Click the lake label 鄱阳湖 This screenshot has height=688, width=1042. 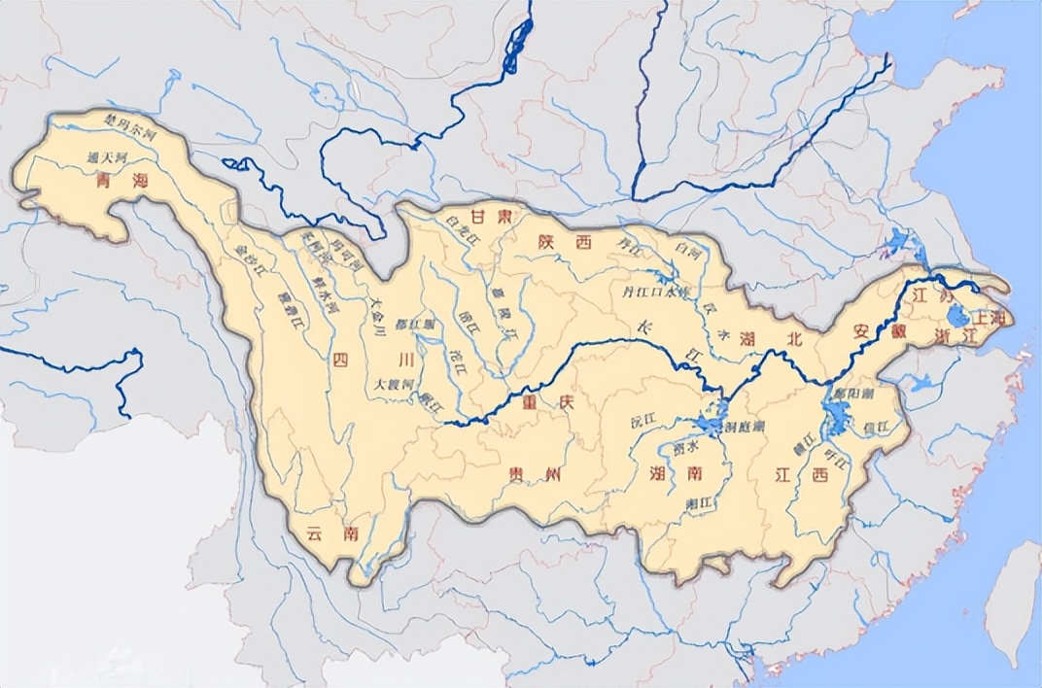[x=854, y=393]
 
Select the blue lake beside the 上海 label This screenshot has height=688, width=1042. [x=956, y=315]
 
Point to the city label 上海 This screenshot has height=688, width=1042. [x=991, y=317]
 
